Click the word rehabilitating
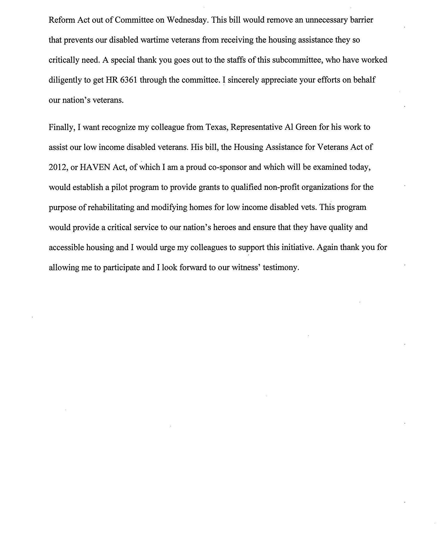pos(118,208)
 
